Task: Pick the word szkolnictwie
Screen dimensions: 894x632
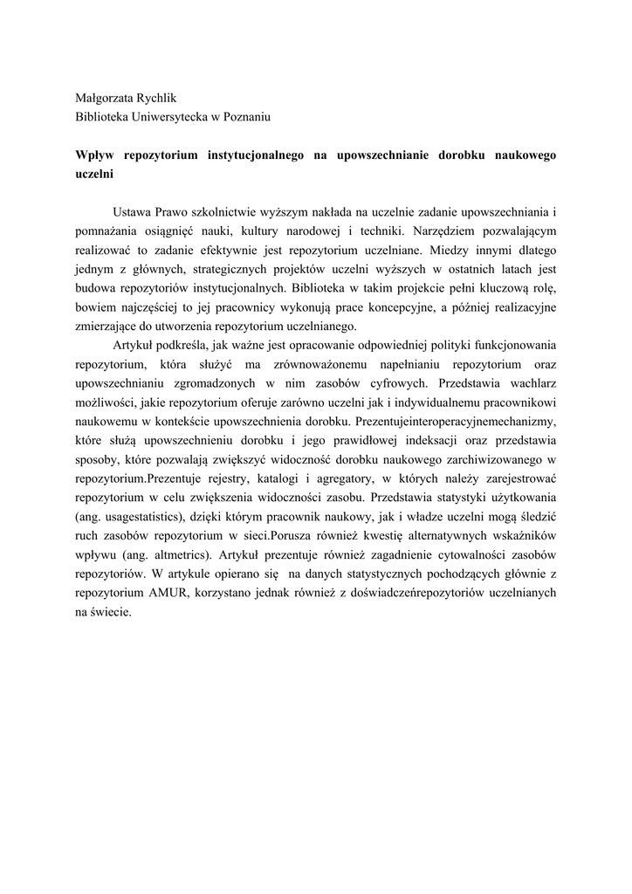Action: point(226,211)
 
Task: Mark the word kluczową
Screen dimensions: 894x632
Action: point(495,288)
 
